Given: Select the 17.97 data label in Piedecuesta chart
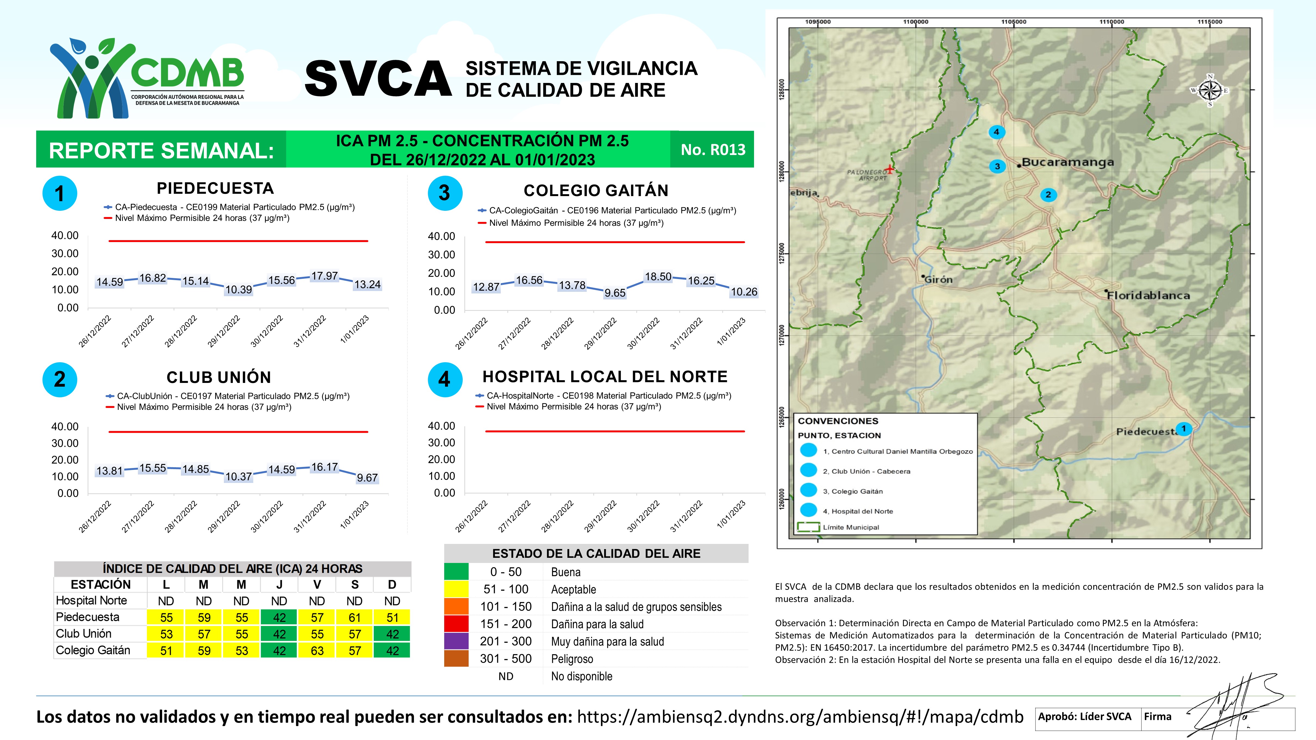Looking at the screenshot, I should point(325,276).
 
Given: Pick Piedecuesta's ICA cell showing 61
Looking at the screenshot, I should point(354,617).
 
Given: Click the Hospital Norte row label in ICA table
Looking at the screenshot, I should point(91,600).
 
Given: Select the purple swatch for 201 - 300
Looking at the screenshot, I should point(456,642).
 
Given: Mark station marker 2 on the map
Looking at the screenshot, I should point(1048,194).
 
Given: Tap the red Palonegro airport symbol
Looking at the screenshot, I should point(889,169).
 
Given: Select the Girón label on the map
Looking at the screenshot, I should point(938,279).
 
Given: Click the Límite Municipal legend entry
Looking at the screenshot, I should point(851,527).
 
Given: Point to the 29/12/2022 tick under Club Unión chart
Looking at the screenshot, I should point(224,517).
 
